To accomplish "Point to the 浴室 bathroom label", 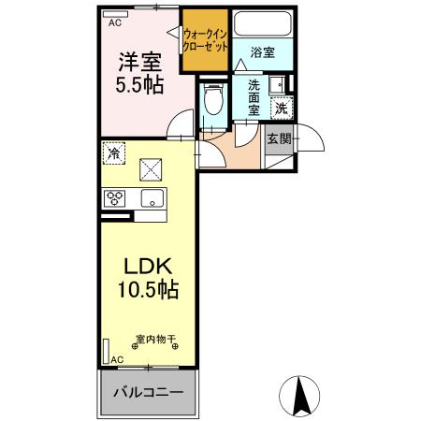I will pyautogui.click(x=262, y=53).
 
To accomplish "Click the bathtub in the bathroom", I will pyautogui.click(x=262, y=25).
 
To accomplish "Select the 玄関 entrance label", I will pyautogui.click(x=279, y=138).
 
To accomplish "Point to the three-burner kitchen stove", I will pyautogui.click(x=116, y=198).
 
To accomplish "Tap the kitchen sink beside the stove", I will pyautogui.click(x=152, y=198).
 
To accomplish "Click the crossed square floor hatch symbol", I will pyautogui.click(x=151, y=168).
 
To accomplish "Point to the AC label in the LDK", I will pyautogui.click(x=117, y=359).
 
